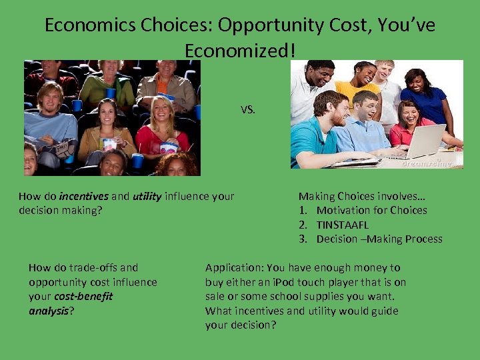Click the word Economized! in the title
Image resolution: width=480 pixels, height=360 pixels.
pos(239,50)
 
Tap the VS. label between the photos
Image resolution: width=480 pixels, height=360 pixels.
pos(247,110)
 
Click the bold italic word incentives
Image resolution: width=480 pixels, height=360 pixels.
pos(83,196)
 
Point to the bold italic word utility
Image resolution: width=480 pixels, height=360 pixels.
pos(147,196)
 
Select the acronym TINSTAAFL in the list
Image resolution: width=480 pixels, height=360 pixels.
pos(342,225)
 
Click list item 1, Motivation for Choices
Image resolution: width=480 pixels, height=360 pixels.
pos(371,210)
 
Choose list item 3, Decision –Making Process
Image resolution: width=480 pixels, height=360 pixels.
pos(379,239)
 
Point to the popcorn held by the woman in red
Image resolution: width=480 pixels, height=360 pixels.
pos(169,147)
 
